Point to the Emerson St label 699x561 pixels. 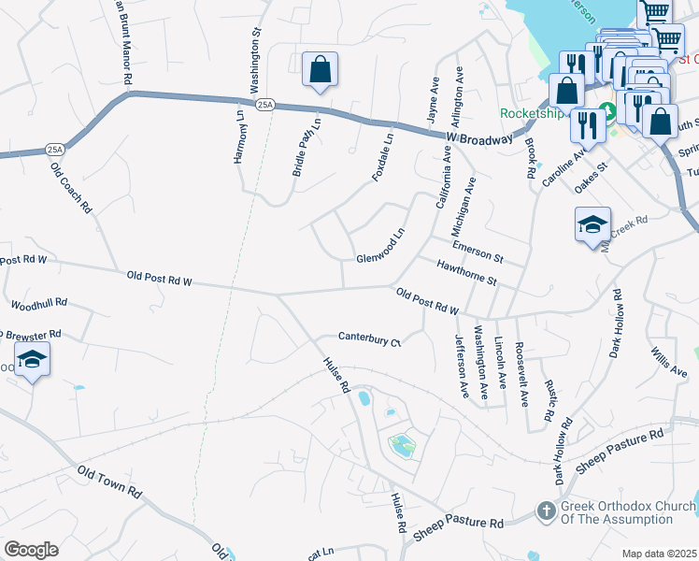pos(478,251)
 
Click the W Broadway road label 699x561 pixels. pos(479,137)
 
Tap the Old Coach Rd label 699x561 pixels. pos(71,188)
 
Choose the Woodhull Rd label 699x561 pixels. pos(38,305)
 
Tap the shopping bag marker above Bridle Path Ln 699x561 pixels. pos(320,69)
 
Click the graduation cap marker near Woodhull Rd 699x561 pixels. pos(32,360)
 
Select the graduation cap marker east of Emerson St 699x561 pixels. pos(592,224)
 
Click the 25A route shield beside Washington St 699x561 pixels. pos(266,104)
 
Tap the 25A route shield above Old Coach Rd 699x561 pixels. pos(55,149)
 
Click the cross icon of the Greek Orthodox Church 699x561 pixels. pos(547,511)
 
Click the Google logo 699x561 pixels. pos(31,550)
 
